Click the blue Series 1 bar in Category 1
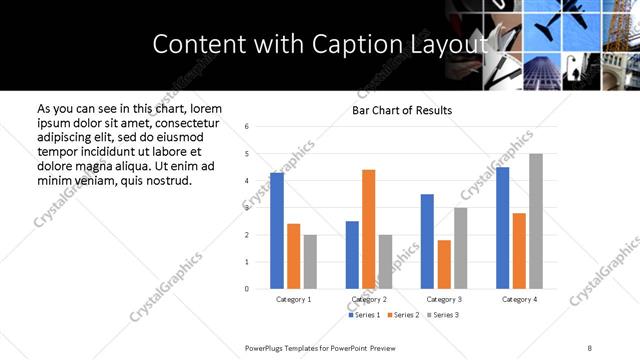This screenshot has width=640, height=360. (x=277, y=231)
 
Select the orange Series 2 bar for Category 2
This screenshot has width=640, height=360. (x=368, y=229)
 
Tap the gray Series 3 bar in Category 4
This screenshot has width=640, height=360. (x=536, y=221)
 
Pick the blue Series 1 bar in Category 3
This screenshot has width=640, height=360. (x=427, y=241)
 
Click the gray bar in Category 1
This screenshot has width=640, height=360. (x=310, y=262)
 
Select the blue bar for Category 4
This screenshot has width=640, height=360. (x=502, y=228)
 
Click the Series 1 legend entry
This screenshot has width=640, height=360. (x=364, y=315)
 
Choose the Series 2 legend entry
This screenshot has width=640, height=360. (x=403, y=315)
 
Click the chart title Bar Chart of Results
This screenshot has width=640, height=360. (x=402, y=110)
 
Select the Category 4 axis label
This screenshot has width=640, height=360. (x=519, y=299)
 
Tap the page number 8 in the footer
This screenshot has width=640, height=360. (x=589, y=347)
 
